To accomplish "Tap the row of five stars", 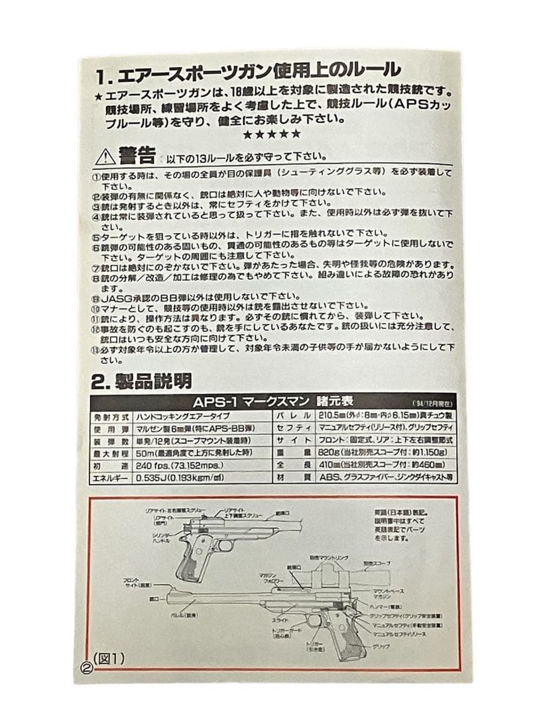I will pyautogui.click(x=272, y=134).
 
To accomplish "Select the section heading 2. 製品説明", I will pyautogui.click(x=141, y=381).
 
